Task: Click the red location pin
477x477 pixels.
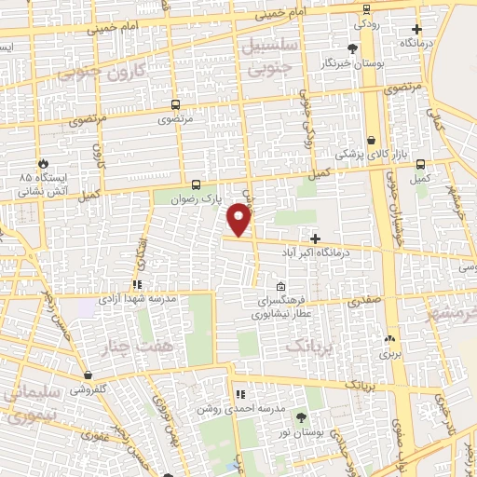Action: click(240, 218)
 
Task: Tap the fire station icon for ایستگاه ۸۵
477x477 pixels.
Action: click(39, 161)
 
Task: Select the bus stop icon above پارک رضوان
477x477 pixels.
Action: click(196, 184)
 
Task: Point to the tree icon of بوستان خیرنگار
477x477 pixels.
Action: click(352, 49)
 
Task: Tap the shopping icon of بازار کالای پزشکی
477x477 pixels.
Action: click(372, 139)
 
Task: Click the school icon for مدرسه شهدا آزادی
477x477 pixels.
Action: click(137, 285)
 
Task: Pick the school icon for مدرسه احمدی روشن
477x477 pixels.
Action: click(240, 395)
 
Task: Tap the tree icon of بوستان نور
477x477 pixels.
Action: click(300, 416)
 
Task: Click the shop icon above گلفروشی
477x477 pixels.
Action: click(88, 375)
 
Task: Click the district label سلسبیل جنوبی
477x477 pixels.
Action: click(266, 55)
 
